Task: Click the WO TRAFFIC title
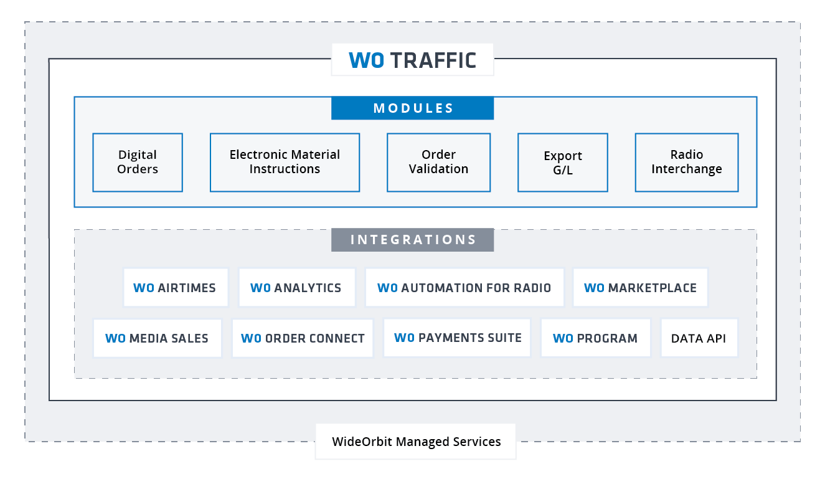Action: click(x=412, y=60)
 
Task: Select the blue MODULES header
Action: click(x=412, y=108)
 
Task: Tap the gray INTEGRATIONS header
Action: click(x=412, y=240)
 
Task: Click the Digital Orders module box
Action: click(x=138, y=162)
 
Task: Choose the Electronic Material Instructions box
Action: click(x=285, y=162)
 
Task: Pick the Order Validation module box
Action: click(x=438, y=162)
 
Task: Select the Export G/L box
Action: click(x=563, y=163)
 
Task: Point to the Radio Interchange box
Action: click(x=687, y=162)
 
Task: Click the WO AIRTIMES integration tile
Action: click(x=176, y=288)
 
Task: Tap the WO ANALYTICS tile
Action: click(x=296, y=288)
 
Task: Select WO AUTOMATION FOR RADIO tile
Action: click(x=464, y=288)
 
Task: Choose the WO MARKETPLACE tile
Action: click(x=640, y=288)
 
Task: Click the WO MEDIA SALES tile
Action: click(x=157, y=339)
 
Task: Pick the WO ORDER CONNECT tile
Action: click(x=303, y=339)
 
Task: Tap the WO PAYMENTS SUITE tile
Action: click(x=457, y=338)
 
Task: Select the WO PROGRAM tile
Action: click(x=595, y=339)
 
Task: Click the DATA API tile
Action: click(x=699, y=339)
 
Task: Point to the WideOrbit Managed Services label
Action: click(x=416, y=442)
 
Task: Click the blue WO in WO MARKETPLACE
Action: click(x=595, y=288)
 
